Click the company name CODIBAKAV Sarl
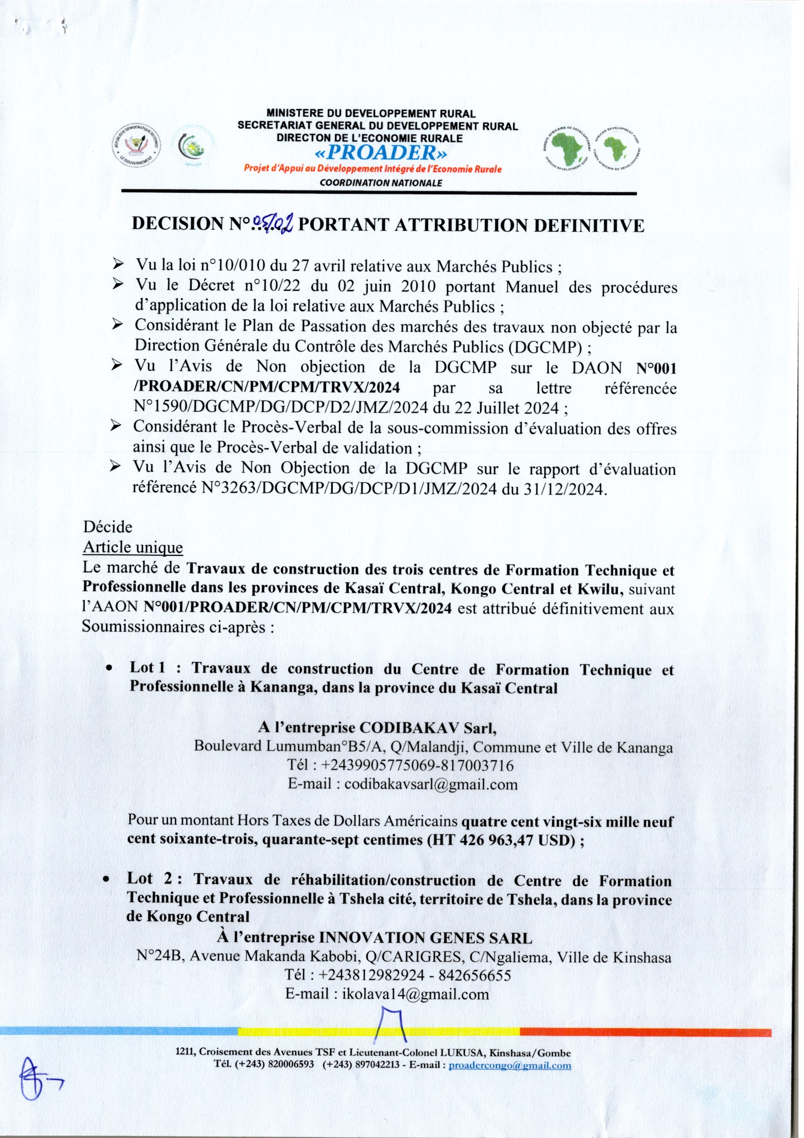pos(427,728)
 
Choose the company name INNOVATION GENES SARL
pos(425,938)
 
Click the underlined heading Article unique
pos(133,548)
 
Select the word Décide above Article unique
pos(107,526)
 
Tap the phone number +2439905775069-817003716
pos(417,765)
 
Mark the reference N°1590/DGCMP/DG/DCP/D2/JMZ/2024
pos(281,407)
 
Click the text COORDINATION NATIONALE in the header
pos(380,183)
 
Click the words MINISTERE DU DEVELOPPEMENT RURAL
pos(371,114)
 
